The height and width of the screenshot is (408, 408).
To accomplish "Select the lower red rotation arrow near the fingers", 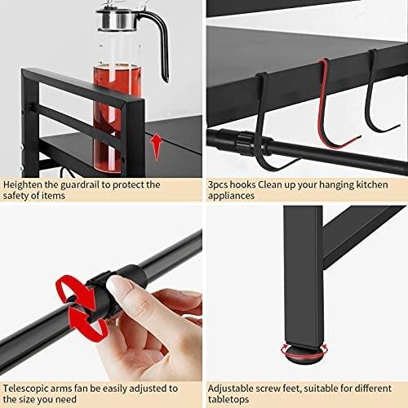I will click(83, 326).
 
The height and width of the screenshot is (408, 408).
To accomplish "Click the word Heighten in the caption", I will click(22, 184).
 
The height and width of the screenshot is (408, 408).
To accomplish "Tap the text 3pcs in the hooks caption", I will click(220, 184).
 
